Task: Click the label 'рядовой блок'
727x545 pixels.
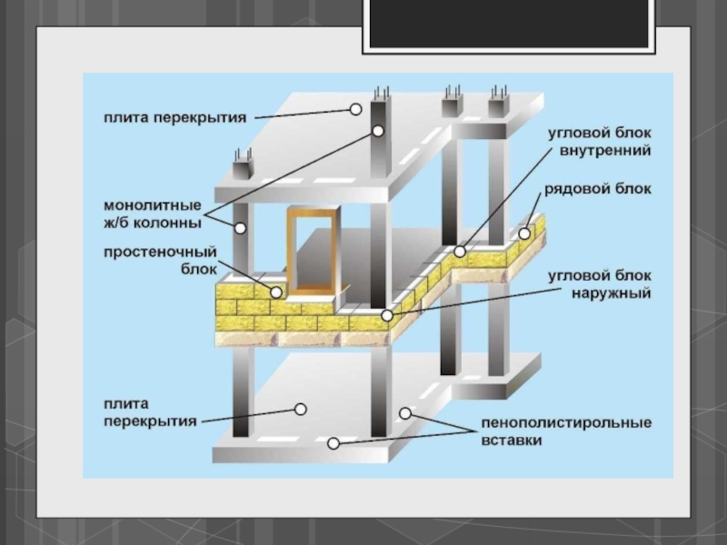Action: click(x=598, y=189)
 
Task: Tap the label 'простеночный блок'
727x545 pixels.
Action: click(x=160, y=261)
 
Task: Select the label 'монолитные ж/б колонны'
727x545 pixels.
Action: click(x=153, y=214)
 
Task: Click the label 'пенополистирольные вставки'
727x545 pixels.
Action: click(x=566, y=431)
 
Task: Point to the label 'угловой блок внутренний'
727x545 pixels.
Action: click(x=600, y=142)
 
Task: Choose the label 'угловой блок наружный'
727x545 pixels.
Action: click(x=600, y=284)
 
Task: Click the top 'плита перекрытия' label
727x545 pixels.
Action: click(x=174, y=118)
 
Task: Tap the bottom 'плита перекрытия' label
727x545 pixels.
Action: click(x=150, y=412)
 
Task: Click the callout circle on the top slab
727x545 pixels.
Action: click(x=355, y=109)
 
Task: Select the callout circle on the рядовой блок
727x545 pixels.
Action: click(x=524, y=233)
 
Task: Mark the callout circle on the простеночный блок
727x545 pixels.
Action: click(x=276, y=292)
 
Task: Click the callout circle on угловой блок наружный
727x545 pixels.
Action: click(x=387, y=316)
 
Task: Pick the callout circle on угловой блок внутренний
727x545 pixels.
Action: click(x=460, y=252)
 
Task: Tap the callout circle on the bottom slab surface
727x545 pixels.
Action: click(x=301, y=410)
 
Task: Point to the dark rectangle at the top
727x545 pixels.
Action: click(x=509, y=24)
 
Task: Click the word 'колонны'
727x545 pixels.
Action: click(x=167, y=223)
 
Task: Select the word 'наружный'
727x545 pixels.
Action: click(x=611, y=293)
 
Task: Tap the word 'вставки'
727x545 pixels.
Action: click(x=512, y=440)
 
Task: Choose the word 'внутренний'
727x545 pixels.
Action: click(x=605, y=151)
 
